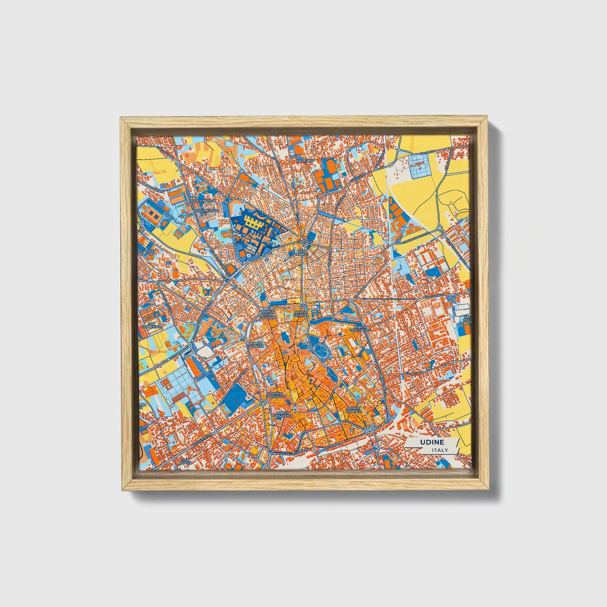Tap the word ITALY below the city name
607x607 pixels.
point(439,450)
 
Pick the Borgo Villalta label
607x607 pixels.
point(256,345)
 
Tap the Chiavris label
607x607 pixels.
point(304,242)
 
